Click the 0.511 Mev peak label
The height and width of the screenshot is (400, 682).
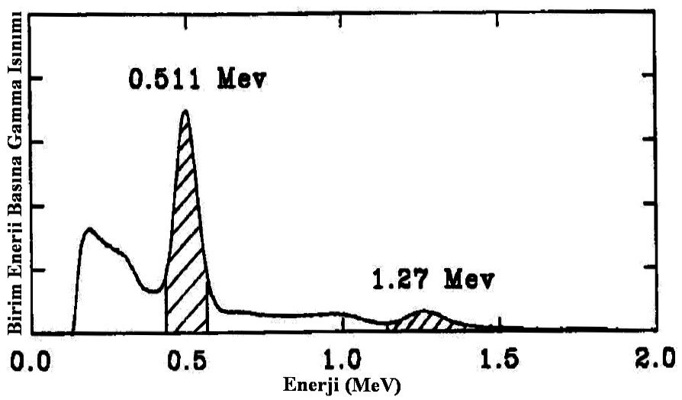click(x=198, y=78)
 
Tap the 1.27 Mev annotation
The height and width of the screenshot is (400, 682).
click(x=432, y=279)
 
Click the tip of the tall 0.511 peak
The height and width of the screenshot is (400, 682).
click(x=185, y=111)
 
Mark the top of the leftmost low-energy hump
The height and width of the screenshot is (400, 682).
click(x=88, y=229)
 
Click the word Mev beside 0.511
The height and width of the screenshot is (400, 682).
click(x=242, y=78)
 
